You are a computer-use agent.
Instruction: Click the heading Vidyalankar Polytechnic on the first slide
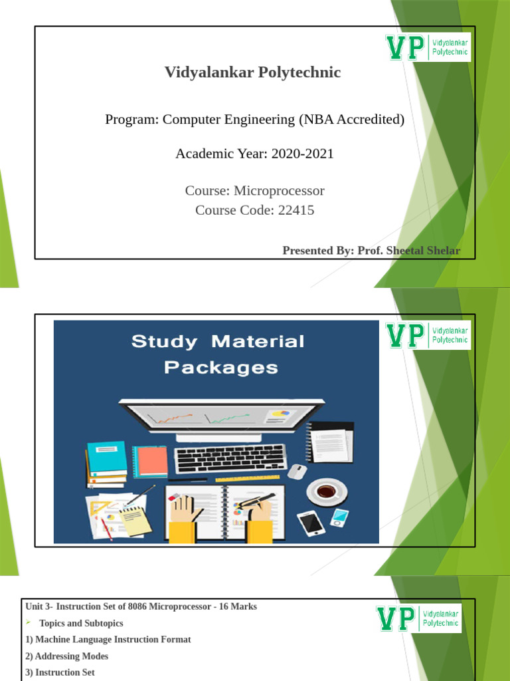pos(252,72)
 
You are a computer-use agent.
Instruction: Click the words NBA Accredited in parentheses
pos(351,120)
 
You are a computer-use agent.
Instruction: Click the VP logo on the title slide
pos(428,47)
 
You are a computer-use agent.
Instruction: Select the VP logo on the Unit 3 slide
pos(419,618)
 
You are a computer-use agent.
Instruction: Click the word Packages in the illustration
pos(221,368)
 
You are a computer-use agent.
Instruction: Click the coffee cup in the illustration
pos(326,491)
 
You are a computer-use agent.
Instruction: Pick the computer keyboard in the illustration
pos(230,459)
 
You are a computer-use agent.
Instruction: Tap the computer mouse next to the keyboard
pos(297,471)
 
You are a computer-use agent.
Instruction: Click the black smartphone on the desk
pos(311,523)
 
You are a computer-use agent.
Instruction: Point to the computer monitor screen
pos(222,418)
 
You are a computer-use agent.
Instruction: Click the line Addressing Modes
pos(67,656)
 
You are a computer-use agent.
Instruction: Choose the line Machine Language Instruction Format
pos(108,640)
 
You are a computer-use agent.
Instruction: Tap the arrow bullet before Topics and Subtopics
pos(29,623)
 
